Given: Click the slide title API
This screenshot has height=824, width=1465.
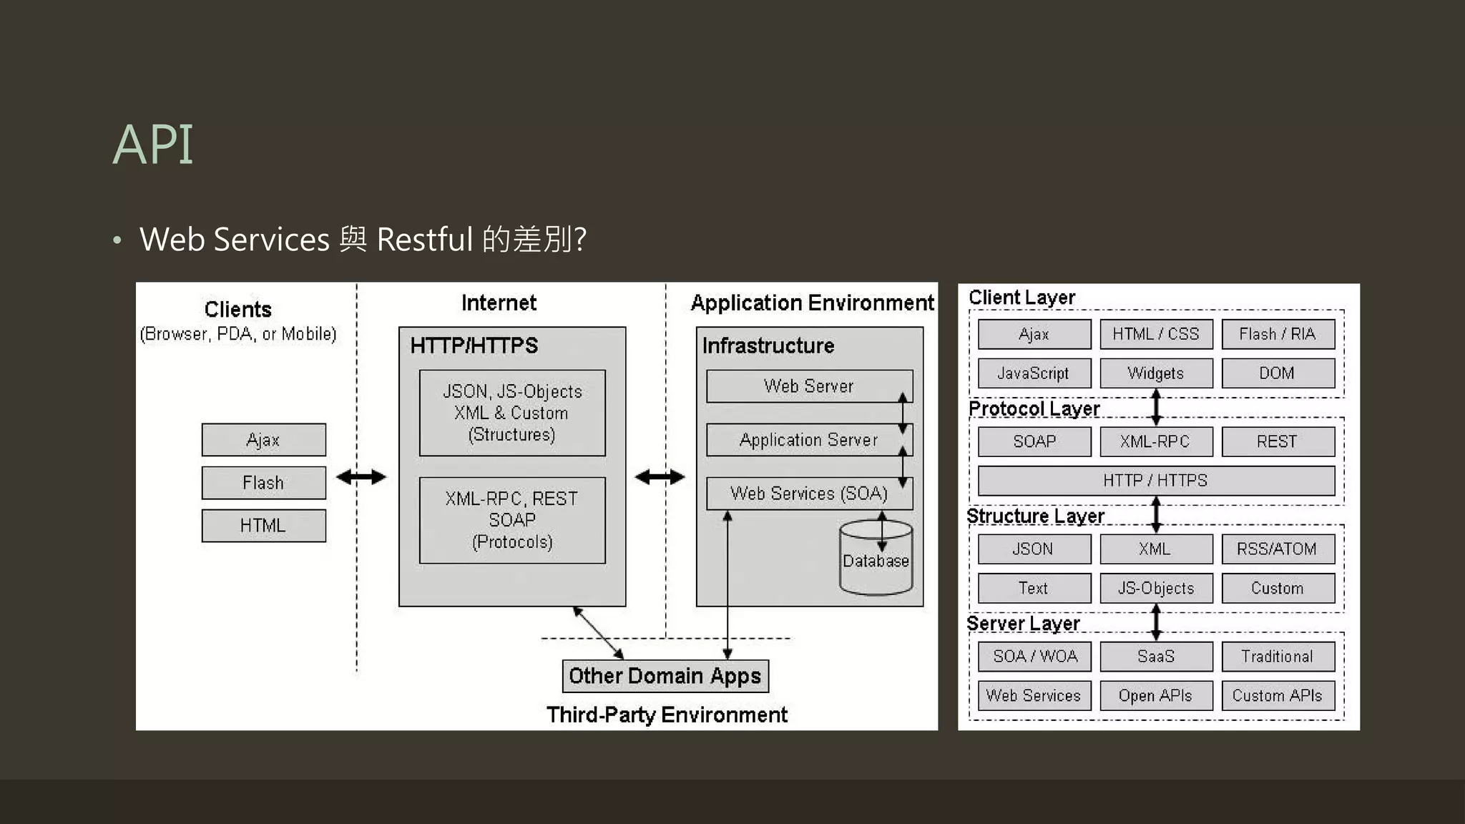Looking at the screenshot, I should pos(152,144).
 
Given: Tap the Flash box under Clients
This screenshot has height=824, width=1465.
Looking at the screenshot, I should pos(263,483).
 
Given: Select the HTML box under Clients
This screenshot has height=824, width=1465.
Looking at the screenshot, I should pos(263,526).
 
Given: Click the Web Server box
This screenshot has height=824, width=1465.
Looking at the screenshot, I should pos(808,386).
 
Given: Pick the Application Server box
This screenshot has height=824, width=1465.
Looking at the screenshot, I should pos(808,440).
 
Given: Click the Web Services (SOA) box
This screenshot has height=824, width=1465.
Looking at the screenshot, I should pos(808,494).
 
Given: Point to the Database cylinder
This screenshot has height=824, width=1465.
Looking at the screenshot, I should pos(876,561).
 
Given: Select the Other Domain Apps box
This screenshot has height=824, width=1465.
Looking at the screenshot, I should pos(665,676).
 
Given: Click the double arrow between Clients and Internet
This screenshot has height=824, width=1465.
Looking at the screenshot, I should pos(361,477).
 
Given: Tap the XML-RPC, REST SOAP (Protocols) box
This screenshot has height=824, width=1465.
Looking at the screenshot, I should pos(512,520).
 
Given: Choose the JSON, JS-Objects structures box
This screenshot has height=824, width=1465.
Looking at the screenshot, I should pos(512,413).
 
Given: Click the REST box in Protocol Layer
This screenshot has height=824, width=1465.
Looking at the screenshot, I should pos(1278,441).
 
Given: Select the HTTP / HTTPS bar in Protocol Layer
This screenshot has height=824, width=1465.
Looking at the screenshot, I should pos(1155,481).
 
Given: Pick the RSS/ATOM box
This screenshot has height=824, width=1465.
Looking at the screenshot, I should pos(1278,549).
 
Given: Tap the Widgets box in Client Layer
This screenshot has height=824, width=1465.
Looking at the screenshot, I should pos(1155,373).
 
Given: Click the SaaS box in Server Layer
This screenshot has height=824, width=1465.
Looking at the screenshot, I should pos(1155,656).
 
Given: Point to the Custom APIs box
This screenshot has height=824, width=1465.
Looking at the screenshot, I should pos(1278,695).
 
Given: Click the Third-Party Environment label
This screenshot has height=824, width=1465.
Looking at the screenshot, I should pos(667,715).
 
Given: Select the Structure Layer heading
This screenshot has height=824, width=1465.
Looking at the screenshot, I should pos(1035,516).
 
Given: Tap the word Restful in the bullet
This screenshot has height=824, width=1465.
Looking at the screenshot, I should pos(425,239).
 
